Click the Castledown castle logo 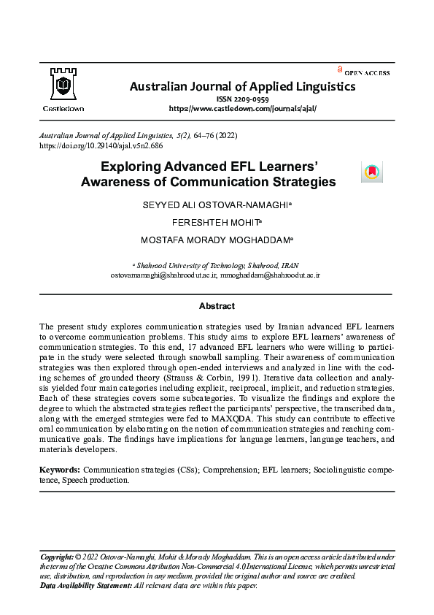62,85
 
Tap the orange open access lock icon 340,69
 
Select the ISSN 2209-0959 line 242,99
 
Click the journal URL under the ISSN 242,108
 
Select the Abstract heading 217,306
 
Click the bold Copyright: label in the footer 56,557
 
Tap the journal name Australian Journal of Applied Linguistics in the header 242,87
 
